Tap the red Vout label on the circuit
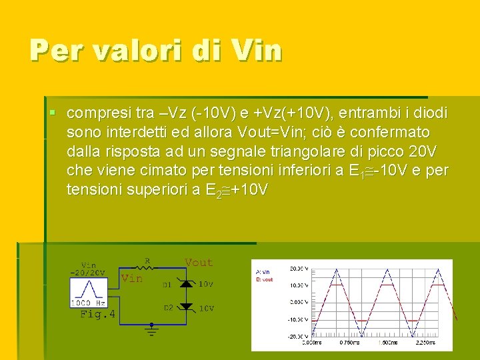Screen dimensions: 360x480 tap(199, 263)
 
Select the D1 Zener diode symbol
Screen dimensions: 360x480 tap(187, 285)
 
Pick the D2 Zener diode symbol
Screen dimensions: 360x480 tap(187, 307)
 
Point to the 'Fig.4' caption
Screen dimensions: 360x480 tap(97, 314)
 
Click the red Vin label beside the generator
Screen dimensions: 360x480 tap(131, 279)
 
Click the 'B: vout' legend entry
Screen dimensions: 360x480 tap(265, 279)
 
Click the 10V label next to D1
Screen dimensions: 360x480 tap(207, 285)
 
